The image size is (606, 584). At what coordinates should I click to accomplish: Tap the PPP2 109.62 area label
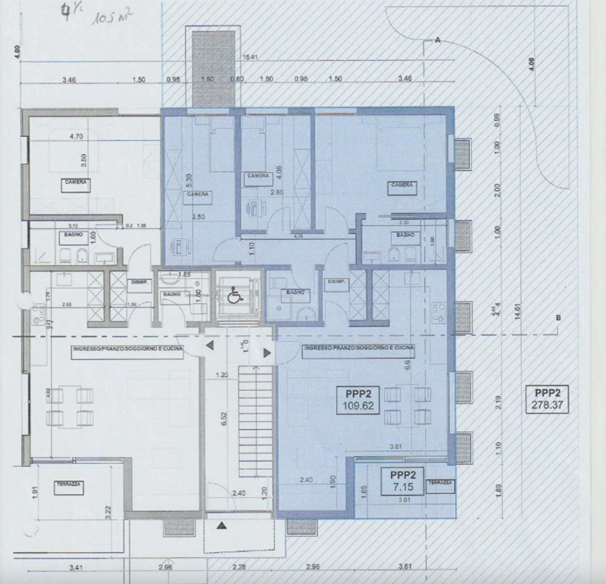[358, 400]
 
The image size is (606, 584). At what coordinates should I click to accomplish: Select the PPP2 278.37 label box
[547, 399]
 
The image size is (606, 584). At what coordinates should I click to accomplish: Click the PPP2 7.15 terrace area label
[402, 481]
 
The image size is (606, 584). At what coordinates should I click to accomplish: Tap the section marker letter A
[438, 40]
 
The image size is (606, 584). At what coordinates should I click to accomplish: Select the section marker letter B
[558, 318]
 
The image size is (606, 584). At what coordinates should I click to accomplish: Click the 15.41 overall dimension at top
[250, 57]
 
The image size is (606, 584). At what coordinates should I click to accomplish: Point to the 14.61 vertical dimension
[518, 312]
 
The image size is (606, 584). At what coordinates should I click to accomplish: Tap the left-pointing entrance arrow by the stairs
[210, 346]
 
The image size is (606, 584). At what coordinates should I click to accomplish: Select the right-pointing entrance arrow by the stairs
[267, 353]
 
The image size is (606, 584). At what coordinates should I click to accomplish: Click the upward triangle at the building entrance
[222, 525]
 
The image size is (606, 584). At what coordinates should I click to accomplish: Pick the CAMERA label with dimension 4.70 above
[76, 183]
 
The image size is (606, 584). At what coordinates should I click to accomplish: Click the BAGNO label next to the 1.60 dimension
[73, 234]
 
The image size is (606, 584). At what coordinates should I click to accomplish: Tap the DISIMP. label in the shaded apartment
[336, 281]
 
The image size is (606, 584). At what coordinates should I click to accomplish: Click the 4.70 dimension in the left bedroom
[76, 136]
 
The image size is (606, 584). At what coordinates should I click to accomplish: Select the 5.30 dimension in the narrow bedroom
[189, 181]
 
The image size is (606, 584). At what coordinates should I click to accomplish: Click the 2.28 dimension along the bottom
[239, 567]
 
